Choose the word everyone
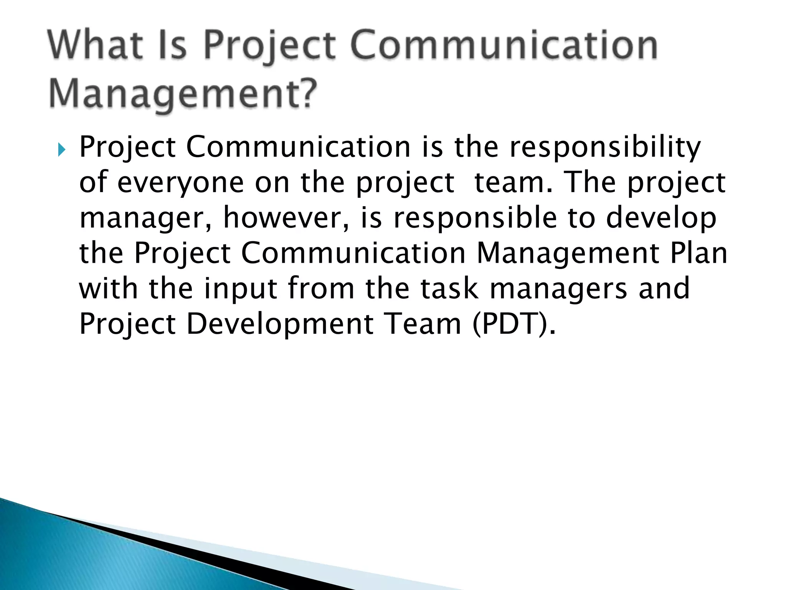click(180, 183)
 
